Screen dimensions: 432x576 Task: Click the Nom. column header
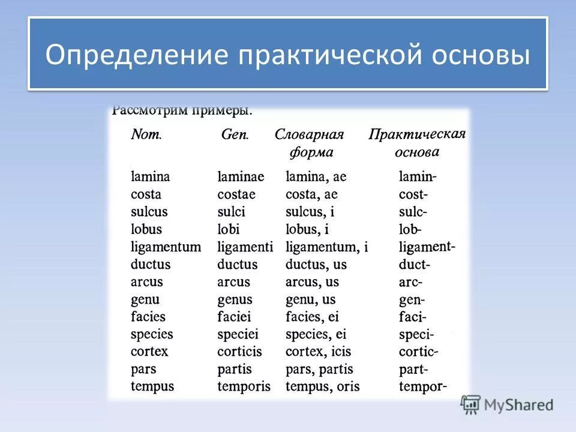[x=146, y=135]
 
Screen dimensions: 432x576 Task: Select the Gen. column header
[x=235, y=135]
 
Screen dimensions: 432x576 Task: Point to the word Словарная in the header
[x=309, y=134]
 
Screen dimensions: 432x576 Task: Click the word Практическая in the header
[x=417, y=134]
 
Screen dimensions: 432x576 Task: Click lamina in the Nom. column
[x=151, y=177]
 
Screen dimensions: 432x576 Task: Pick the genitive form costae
[x=236, y=194]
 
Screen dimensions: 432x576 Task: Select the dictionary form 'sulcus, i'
[x=310, y=212]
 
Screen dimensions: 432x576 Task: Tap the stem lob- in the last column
[x=410, y=229]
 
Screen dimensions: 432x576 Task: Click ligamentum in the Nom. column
[x=166, y=247]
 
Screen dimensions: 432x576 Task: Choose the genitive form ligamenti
[x=245, y=247]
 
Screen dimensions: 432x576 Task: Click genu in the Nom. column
[x=145, y=299]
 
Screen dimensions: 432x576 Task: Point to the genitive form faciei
[x=235, y=317]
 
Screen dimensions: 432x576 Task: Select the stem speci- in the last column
[x=416, y=334]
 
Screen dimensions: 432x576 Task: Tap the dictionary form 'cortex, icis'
[x=318, y=352]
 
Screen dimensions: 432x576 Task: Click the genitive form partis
[x=235, y=369]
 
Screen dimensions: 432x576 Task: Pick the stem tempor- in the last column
[x=423, y=386]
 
